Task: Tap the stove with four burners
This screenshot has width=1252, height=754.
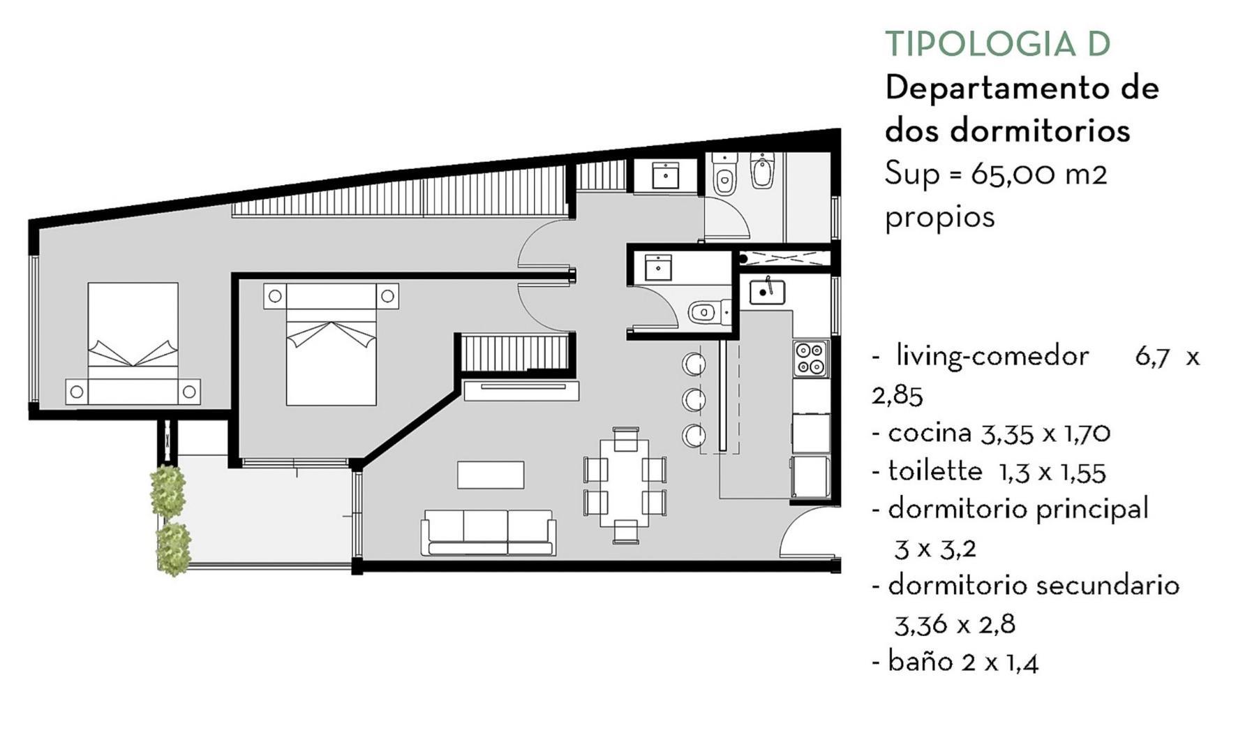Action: coord(810,358)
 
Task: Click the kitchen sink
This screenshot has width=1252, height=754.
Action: coord(766,292)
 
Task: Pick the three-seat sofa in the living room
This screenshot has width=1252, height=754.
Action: coord(488,532)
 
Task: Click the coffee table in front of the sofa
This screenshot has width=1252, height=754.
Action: coord(490,475)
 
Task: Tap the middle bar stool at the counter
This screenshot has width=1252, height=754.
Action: coord(693,399)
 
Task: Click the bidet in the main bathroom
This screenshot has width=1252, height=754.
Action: coord(761,172)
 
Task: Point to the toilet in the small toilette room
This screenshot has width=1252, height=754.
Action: coord(706,311)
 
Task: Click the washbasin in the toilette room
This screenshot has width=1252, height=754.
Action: coord(657,267)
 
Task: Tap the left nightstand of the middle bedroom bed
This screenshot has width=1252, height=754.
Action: coord(275,296)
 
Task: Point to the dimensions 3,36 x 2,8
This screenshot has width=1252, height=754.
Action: coord(954,624)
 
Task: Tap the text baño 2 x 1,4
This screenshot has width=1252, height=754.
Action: coord(962,662)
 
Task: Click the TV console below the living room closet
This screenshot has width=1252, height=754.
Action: coord(521,390)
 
